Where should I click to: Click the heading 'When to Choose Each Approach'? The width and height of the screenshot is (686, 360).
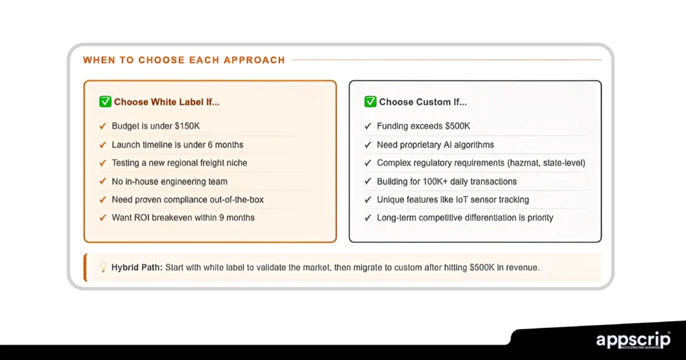(x=184, y=60)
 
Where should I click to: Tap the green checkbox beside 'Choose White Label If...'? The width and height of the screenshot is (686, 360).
(x=105, y=102)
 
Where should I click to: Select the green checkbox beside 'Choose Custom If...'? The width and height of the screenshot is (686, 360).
(x=370, y=102)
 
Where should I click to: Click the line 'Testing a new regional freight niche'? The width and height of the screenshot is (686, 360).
(x=179, y=163)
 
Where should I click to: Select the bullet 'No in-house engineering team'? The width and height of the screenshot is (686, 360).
(x=169, y=181)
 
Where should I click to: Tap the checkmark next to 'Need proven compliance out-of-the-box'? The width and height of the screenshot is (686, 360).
(x=102, y=199)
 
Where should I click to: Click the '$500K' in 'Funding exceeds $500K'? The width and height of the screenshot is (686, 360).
(x=454, y=126)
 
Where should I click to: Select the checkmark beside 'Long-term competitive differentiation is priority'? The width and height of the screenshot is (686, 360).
(x=368, y=217)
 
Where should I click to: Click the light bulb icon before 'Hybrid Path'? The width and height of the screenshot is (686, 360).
(x=103, y=267)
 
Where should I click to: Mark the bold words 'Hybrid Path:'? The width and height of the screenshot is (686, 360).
(x=137, y=267)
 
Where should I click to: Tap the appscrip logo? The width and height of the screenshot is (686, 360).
(x=633, y=341)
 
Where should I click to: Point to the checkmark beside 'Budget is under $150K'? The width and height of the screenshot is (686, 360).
(x=102, y=126)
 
